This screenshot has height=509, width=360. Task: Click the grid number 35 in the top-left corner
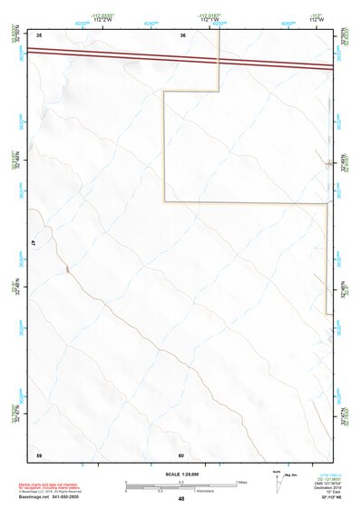pos(39,35)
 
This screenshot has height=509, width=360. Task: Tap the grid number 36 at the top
pos(183,35)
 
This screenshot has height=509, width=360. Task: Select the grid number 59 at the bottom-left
pos(39,455)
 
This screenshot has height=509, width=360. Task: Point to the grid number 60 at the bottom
pos(181,455)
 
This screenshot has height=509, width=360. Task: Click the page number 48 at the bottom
pos(181,499)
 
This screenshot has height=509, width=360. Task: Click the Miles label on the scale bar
pos(241,482)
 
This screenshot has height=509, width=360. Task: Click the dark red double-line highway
pos(181,59)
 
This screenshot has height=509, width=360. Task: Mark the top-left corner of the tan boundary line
pos(163,91)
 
